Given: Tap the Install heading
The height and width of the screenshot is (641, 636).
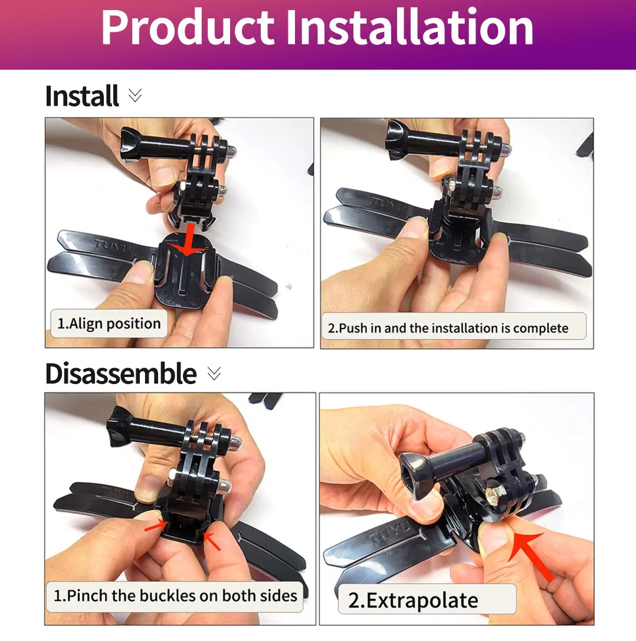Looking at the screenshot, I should point(82,96).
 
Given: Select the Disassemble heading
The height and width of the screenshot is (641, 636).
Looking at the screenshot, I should point(121,374).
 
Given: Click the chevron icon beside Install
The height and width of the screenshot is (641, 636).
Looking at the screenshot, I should point(135,96).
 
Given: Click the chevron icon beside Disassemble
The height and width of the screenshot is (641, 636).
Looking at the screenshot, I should point(214,373).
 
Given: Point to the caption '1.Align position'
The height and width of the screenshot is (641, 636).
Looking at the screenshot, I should point(109,324).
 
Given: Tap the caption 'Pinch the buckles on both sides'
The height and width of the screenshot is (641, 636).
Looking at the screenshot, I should point(175,595).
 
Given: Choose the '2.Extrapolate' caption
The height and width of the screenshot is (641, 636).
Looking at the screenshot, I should point(413,600).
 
